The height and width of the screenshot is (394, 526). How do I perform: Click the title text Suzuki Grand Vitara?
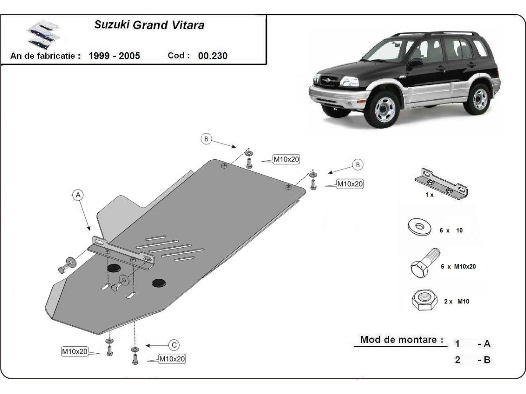pos(149,25)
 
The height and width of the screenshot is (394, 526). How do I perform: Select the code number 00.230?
pos(213,56)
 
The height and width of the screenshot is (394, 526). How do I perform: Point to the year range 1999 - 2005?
pos(114,56)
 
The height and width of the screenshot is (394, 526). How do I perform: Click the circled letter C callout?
pos(174,345)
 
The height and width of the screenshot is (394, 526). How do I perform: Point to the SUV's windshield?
pos(386,50)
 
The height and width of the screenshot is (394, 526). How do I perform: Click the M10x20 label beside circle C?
pos(172,359)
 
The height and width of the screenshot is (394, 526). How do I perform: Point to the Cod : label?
pos(178,56)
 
